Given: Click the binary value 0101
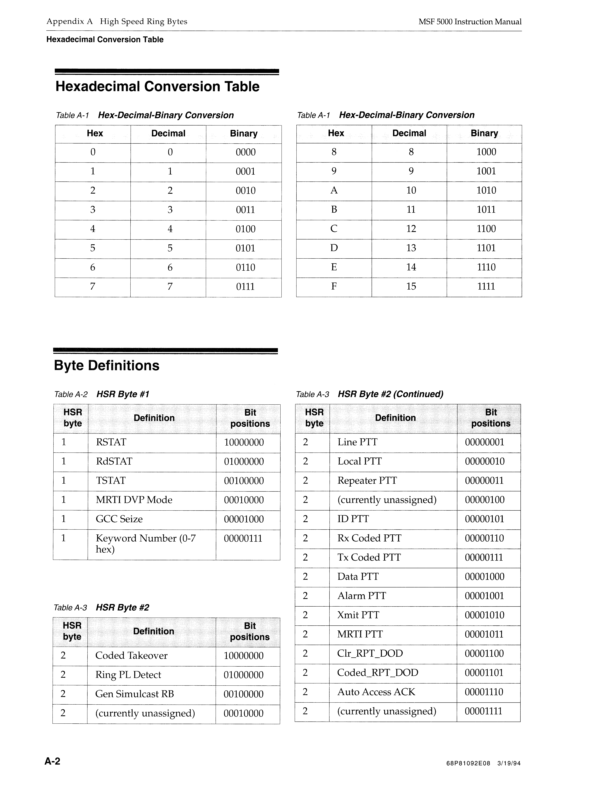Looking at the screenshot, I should tap(245, 248).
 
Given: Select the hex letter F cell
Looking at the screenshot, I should tap(334, 286).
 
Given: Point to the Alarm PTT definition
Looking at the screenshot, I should tap(361, 596).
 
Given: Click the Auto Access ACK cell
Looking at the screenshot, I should tap(376, 692).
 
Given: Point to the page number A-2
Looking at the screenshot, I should tap(53, 761).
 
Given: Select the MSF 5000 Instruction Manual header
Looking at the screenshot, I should tap(470, 22).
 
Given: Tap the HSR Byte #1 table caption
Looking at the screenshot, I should tap(123, 394).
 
